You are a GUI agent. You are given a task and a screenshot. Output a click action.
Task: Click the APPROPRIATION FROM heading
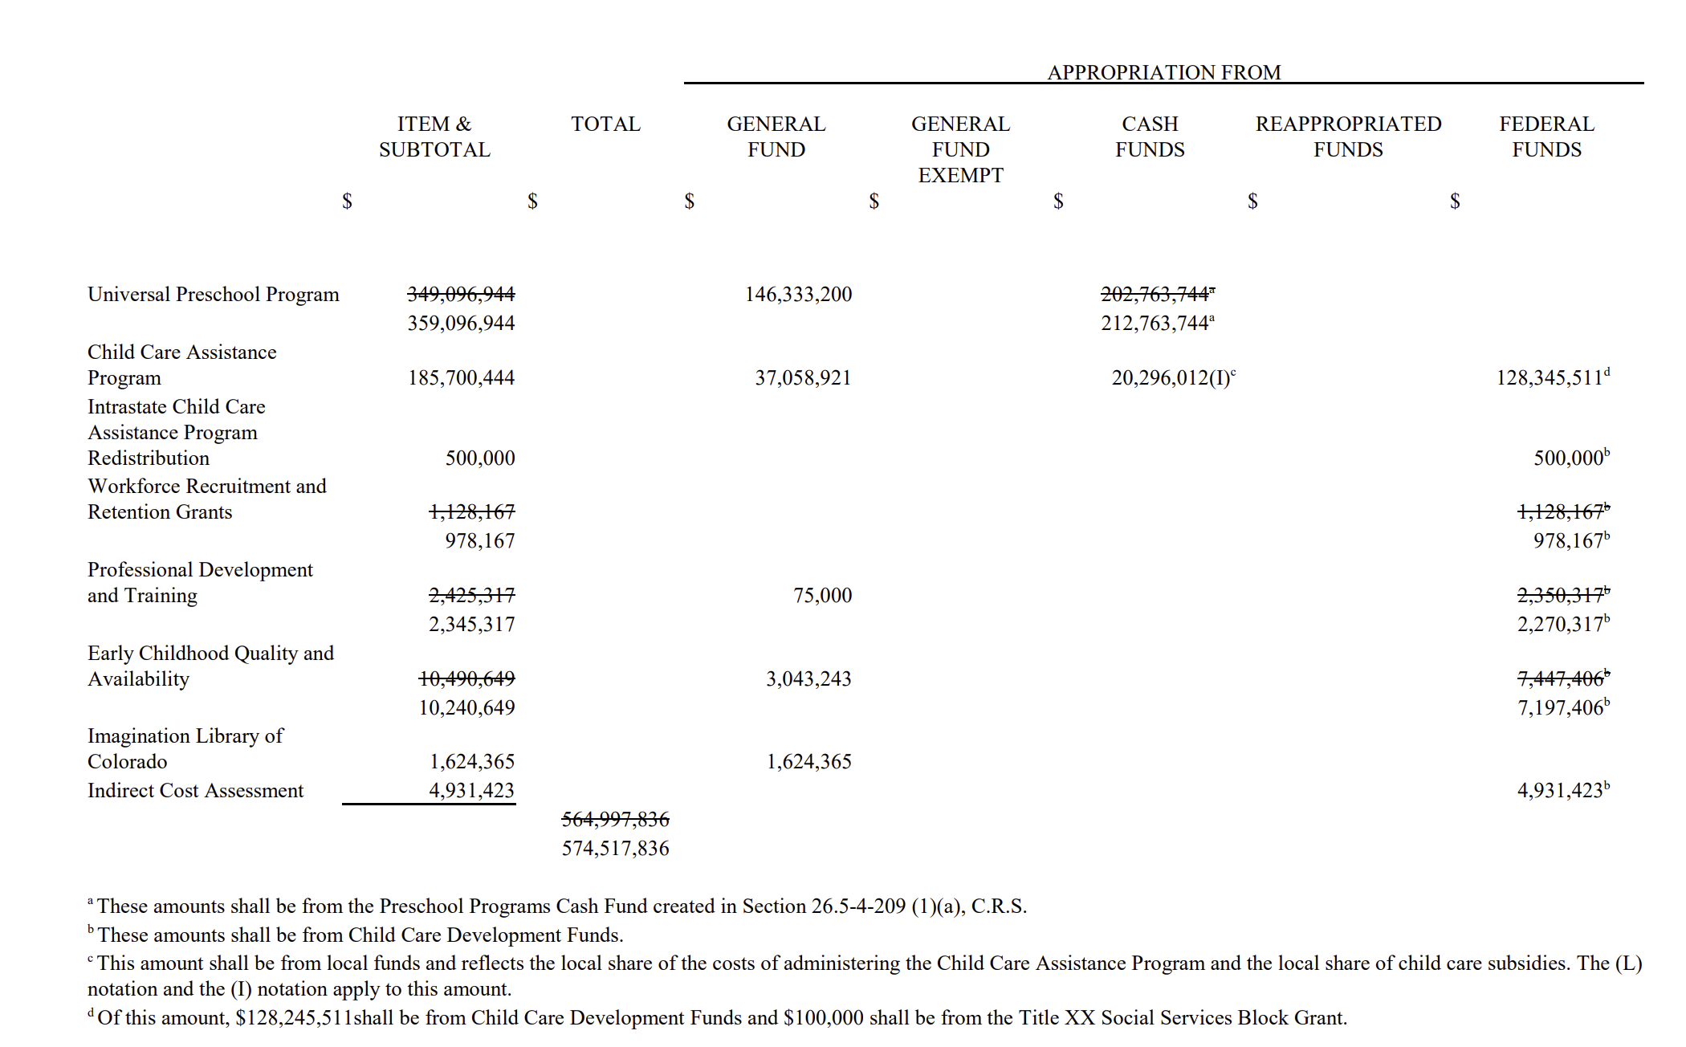(x=1163, y=72)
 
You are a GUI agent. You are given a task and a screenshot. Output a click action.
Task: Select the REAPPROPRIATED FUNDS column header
(x=1348, y=136)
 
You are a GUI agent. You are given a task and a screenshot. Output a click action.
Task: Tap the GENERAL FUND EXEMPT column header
(x=960, y=149)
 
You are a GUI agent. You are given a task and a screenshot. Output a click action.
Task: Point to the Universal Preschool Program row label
(x=214, y=295)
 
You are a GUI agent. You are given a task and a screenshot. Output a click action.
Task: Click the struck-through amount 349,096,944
(x=461, y=295)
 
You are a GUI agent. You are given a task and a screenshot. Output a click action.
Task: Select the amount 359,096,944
(x=461, y=324)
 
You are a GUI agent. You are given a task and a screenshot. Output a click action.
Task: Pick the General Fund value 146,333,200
(x=798, y=295)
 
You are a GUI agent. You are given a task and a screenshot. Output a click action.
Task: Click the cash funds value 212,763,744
(x=1155, y=324)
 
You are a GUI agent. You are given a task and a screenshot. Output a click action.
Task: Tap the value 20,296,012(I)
(x=1171, y=378)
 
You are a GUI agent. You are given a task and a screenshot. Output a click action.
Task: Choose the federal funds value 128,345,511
(x=1550, y=378)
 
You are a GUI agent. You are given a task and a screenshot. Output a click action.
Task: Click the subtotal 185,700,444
(x=461, y=378)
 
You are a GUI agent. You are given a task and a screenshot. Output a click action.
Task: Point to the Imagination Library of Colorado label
(x=185, y=749)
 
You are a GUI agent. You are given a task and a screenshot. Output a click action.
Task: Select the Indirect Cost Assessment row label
(x=195, y=791)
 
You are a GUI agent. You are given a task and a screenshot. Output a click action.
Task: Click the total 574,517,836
(x=615, y=849)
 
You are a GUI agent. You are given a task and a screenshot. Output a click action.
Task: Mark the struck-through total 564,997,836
(x=615, y=820)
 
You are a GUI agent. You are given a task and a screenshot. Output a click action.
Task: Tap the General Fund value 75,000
(x=822, y=596)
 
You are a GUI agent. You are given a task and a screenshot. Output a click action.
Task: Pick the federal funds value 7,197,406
(x=1560, y=708)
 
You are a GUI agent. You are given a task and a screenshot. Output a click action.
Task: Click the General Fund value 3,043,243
(x=808, y=679)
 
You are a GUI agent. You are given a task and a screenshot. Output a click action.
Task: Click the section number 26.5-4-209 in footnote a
(x=858, y=906)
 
